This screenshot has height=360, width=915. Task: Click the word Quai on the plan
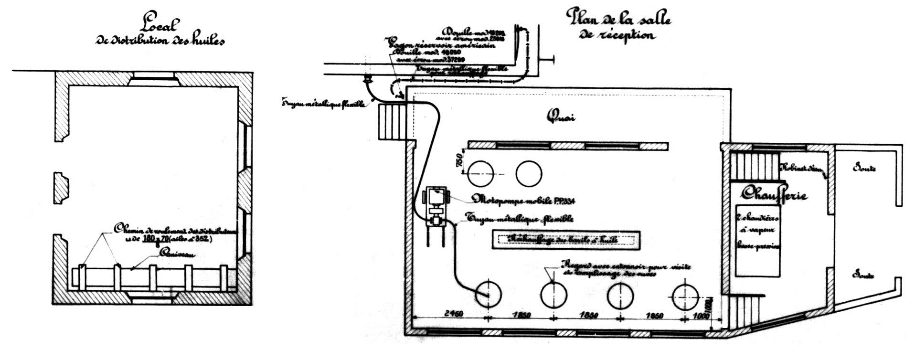click(561, 116)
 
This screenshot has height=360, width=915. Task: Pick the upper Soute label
click(864, 168)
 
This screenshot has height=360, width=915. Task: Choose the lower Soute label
click(864, 275)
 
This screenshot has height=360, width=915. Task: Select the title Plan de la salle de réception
click(618, 25)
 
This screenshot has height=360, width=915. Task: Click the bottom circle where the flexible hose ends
click(488, 295)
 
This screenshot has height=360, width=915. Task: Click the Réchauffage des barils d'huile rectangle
click(565, 240)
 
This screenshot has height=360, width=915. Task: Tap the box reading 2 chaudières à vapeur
click(757, 241)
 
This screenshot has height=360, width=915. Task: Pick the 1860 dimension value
click(654, 316)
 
